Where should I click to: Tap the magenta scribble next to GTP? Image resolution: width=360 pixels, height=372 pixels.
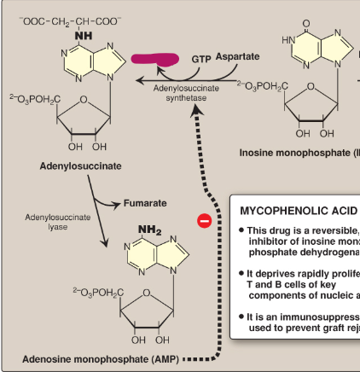click(156, 59)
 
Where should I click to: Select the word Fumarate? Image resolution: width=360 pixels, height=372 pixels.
click(146, 203)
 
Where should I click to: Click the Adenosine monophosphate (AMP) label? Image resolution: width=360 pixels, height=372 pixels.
click(101, 358)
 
